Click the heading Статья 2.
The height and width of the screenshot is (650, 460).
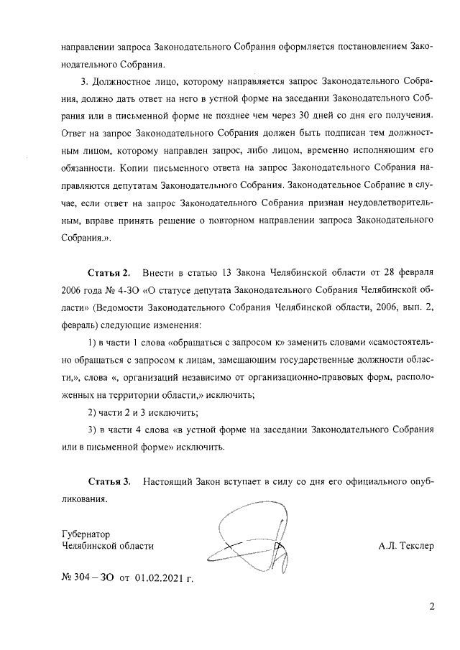(x=109, y=274)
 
